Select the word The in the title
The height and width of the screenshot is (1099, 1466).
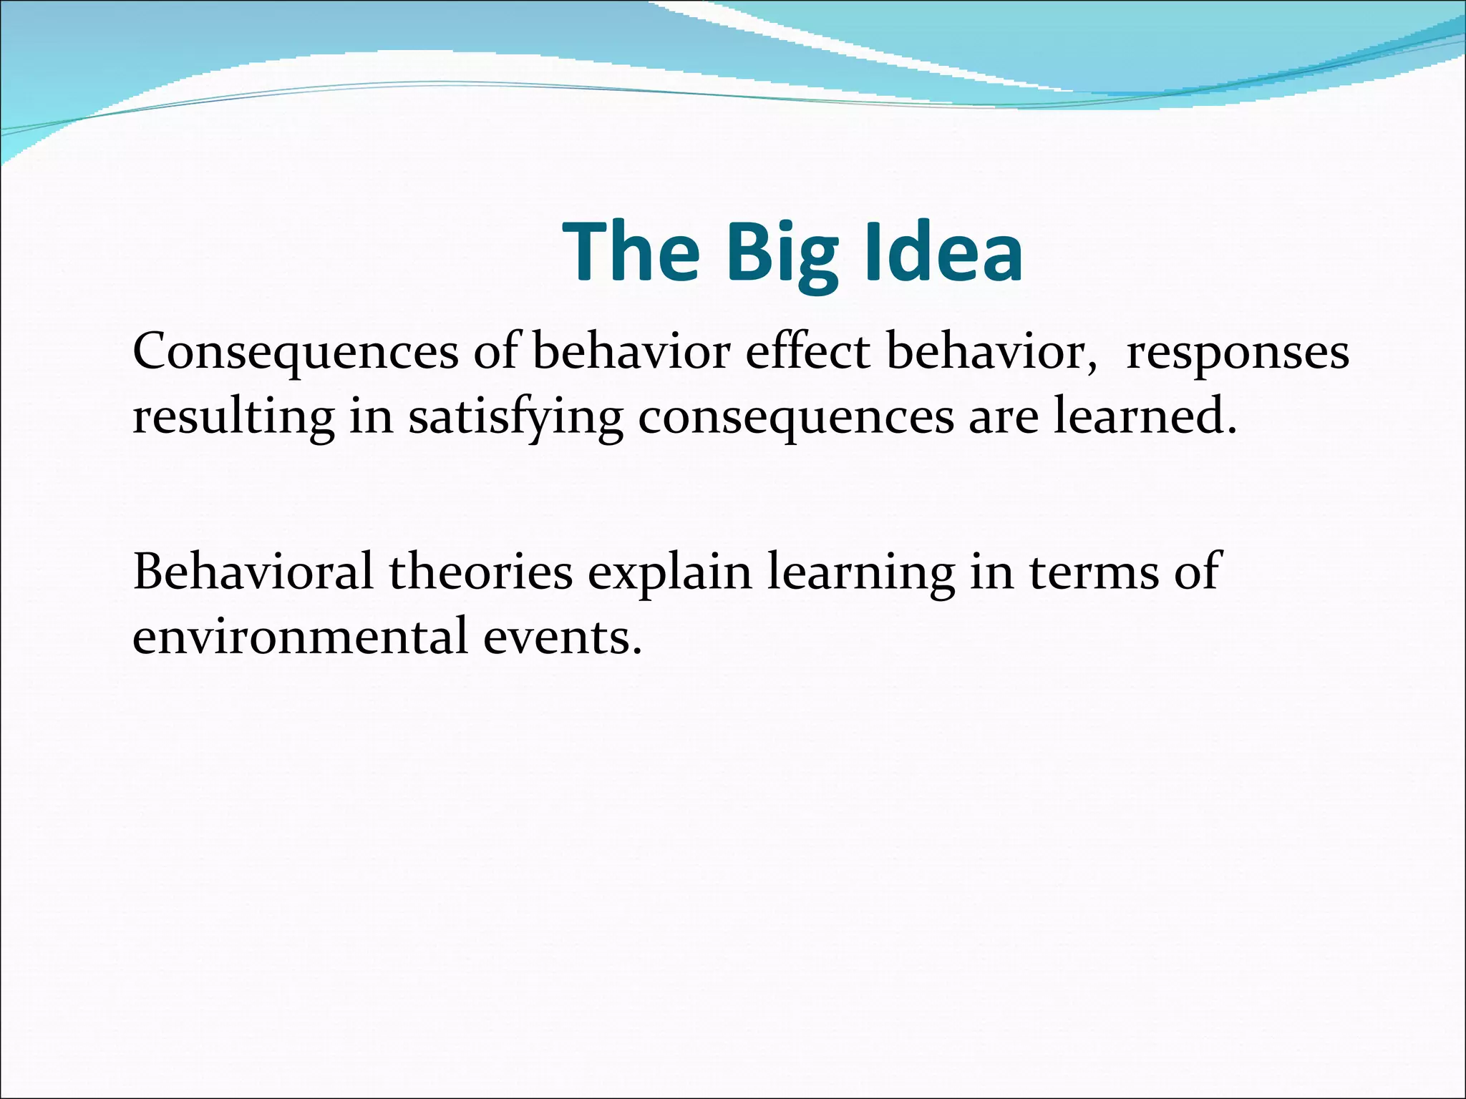pyautogui.click(x=631, y=252)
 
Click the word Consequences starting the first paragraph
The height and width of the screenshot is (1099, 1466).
pyautogui.click(x=296, y=352)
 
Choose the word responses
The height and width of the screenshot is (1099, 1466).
pyautogui.click(x=1237, y=353)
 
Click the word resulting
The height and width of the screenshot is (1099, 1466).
pyautogui.click(x=233, y=418)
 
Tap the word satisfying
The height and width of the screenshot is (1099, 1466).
pyautogui.click(x=515, y=418)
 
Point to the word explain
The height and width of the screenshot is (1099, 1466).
pyautogui.click(x=670, y=572)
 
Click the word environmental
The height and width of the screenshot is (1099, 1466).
pyautogui.click(x=300, y=636)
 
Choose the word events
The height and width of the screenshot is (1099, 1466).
pyautogui.click(x=557, y=636)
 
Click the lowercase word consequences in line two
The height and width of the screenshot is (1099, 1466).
pyautogui.click(x=795, y=419)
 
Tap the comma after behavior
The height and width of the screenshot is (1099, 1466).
pyautogui.click(x=1092, y=366)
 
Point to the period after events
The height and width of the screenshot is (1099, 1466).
pyautogui.click(x=637, y=650)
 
